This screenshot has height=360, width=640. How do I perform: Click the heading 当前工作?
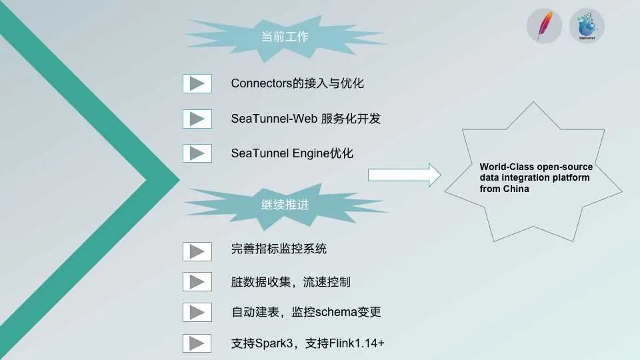[285, 37]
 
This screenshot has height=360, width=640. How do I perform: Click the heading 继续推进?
[285, 205]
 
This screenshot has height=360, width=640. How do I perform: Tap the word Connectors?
[260, 83]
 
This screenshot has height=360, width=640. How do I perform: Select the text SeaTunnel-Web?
[273, 119]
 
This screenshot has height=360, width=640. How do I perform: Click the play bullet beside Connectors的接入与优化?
[197, 83]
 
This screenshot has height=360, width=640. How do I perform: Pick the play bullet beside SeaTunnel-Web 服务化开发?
[197, 119]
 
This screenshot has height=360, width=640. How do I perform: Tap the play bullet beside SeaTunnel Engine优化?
[197, 153]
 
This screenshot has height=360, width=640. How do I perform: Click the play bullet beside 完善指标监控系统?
[197, 251]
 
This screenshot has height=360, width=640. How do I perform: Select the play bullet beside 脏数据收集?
[197, 281]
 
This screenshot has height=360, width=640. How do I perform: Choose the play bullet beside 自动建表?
[197, 312]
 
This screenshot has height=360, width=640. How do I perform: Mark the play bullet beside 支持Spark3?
[197, 343]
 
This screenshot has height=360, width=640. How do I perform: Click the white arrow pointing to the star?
[404, 175]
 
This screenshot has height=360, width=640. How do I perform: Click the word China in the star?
[516, 189]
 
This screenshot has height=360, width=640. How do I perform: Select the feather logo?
[544, 27]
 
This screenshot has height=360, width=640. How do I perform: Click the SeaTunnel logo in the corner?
[587, 27]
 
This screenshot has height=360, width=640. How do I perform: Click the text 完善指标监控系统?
[279, 251]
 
